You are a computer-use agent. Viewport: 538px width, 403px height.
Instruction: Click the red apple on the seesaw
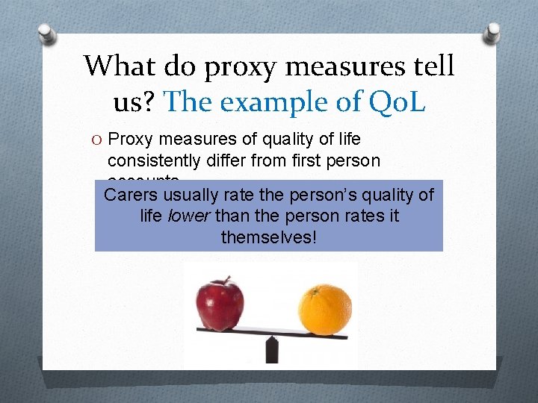pyautogui.click(x=220, y=304)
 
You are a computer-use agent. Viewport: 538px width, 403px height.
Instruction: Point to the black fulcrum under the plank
pyautogui.click(x=273, y=349)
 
